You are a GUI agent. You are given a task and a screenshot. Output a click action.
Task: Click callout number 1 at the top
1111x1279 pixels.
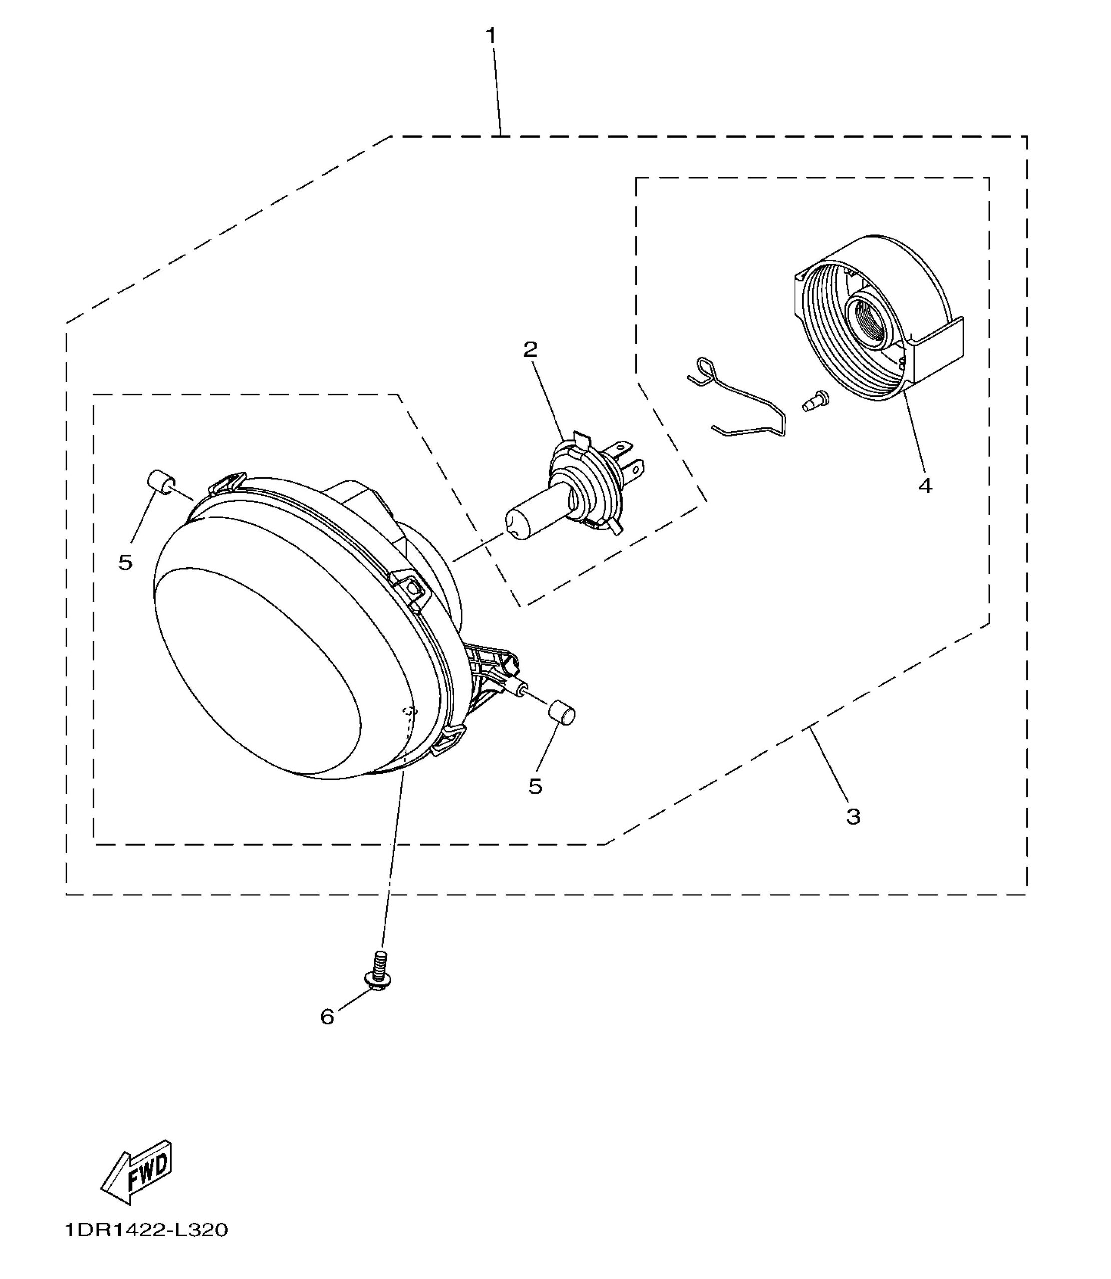pos(491,36)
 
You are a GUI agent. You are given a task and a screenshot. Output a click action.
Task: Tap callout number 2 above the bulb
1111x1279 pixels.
pos(530,350)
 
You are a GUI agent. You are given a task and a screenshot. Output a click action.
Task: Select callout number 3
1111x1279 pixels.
pos(853,816)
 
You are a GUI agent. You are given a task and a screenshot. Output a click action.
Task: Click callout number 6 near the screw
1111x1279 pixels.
pos(327,1017)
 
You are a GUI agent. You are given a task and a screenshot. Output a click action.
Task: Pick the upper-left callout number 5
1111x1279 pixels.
pos(125,563)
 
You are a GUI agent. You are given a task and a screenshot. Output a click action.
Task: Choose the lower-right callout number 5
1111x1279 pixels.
pos(535,786)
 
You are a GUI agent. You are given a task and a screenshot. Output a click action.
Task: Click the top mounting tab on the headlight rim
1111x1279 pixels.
pos(226,483)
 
